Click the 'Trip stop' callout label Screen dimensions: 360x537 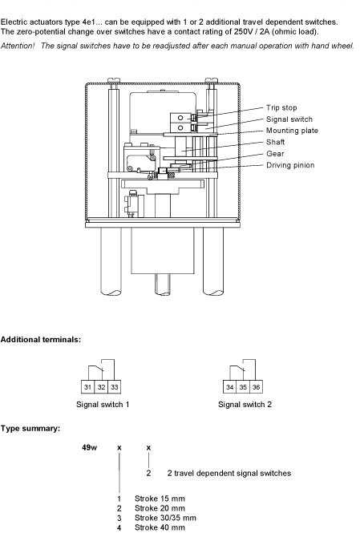281,108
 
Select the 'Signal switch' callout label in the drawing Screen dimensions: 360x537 289,119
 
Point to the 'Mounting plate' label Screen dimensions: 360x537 292,131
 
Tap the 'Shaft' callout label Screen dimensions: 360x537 275,142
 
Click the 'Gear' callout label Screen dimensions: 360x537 275,154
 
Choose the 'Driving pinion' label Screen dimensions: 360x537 290,165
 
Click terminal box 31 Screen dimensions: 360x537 87,387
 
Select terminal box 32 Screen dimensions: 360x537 101,387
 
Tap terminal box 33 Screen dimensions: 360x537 115,387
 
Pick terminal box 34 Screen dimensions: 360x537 229,387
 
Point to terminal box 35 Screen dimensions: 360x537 243,387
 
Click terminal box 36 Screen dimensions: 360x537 256,387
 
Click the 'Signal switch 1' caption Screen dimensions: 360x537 103,405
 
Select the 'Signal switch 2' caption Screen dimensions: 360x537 245,405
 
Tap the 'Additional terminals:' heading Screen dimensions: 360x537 41,340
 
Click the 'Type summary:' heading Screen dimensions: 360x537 30,429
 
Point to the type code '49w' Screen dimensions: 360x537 90,447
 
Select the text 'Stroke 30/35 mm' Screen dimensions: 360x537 165,518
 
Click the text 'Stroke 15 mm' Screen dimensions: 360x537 160,499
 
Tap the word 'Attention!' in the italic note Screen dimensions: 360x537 18,46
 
